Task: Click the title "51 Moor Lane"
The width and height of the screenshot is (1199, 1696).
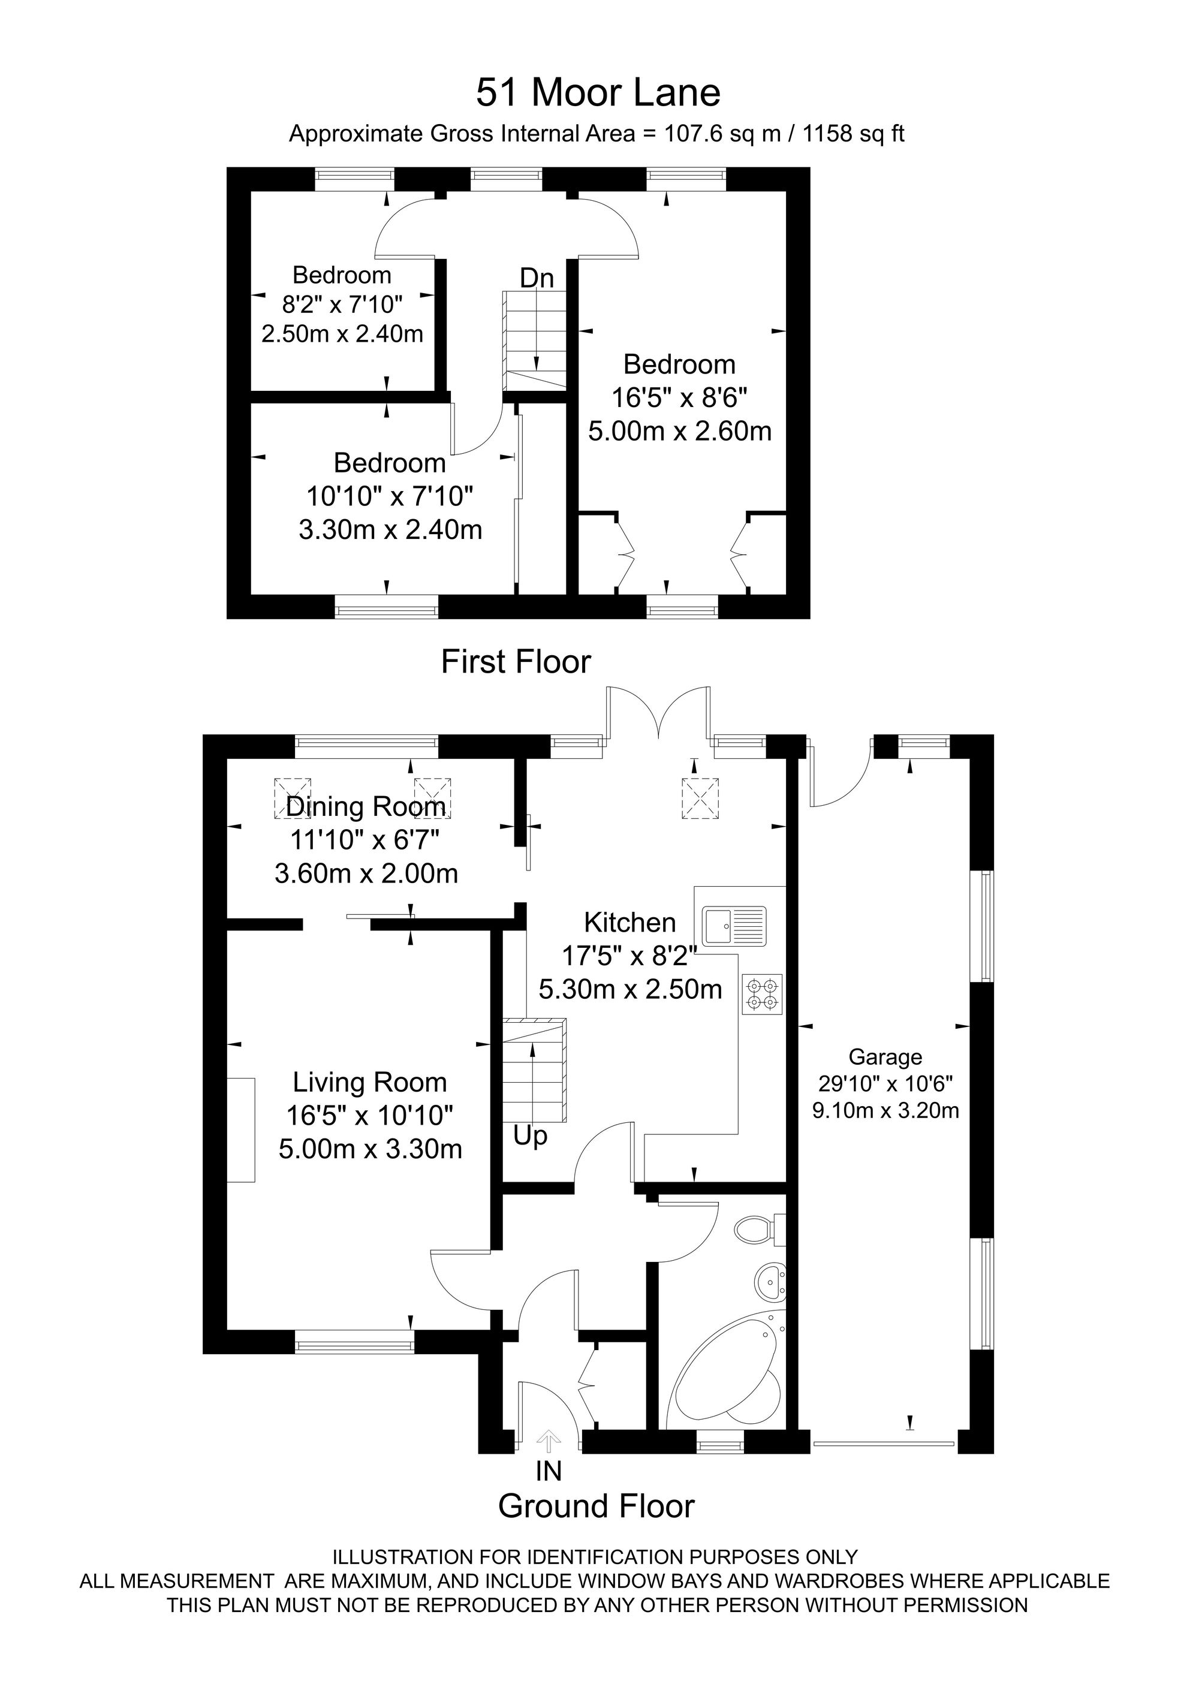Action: point(598,93)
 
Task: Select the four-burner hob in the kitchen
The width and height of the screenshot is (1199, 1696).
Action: point(763,993)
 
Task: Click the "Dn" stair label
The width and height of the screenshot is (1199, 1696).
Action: point(537,279)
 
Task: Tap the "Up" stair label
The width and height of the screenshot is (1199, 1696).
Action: point(531,1136)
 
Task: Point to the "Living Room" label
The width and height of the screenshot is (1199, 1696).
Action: point(370,1082)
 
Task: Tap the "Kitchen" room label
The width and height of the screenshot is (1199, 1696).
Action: point(629,922)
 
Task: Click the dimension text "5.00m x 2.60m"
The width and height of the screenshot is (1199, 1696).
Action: point(680,430)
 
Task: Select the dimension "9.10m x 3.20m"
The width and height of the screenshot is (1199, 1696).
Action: point(886,1110)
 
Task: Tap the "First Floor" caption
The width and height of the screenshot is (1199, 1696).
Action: point(516,662)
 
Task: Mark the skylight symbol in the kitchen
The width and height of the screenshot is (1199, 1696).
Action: point(700,799)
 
